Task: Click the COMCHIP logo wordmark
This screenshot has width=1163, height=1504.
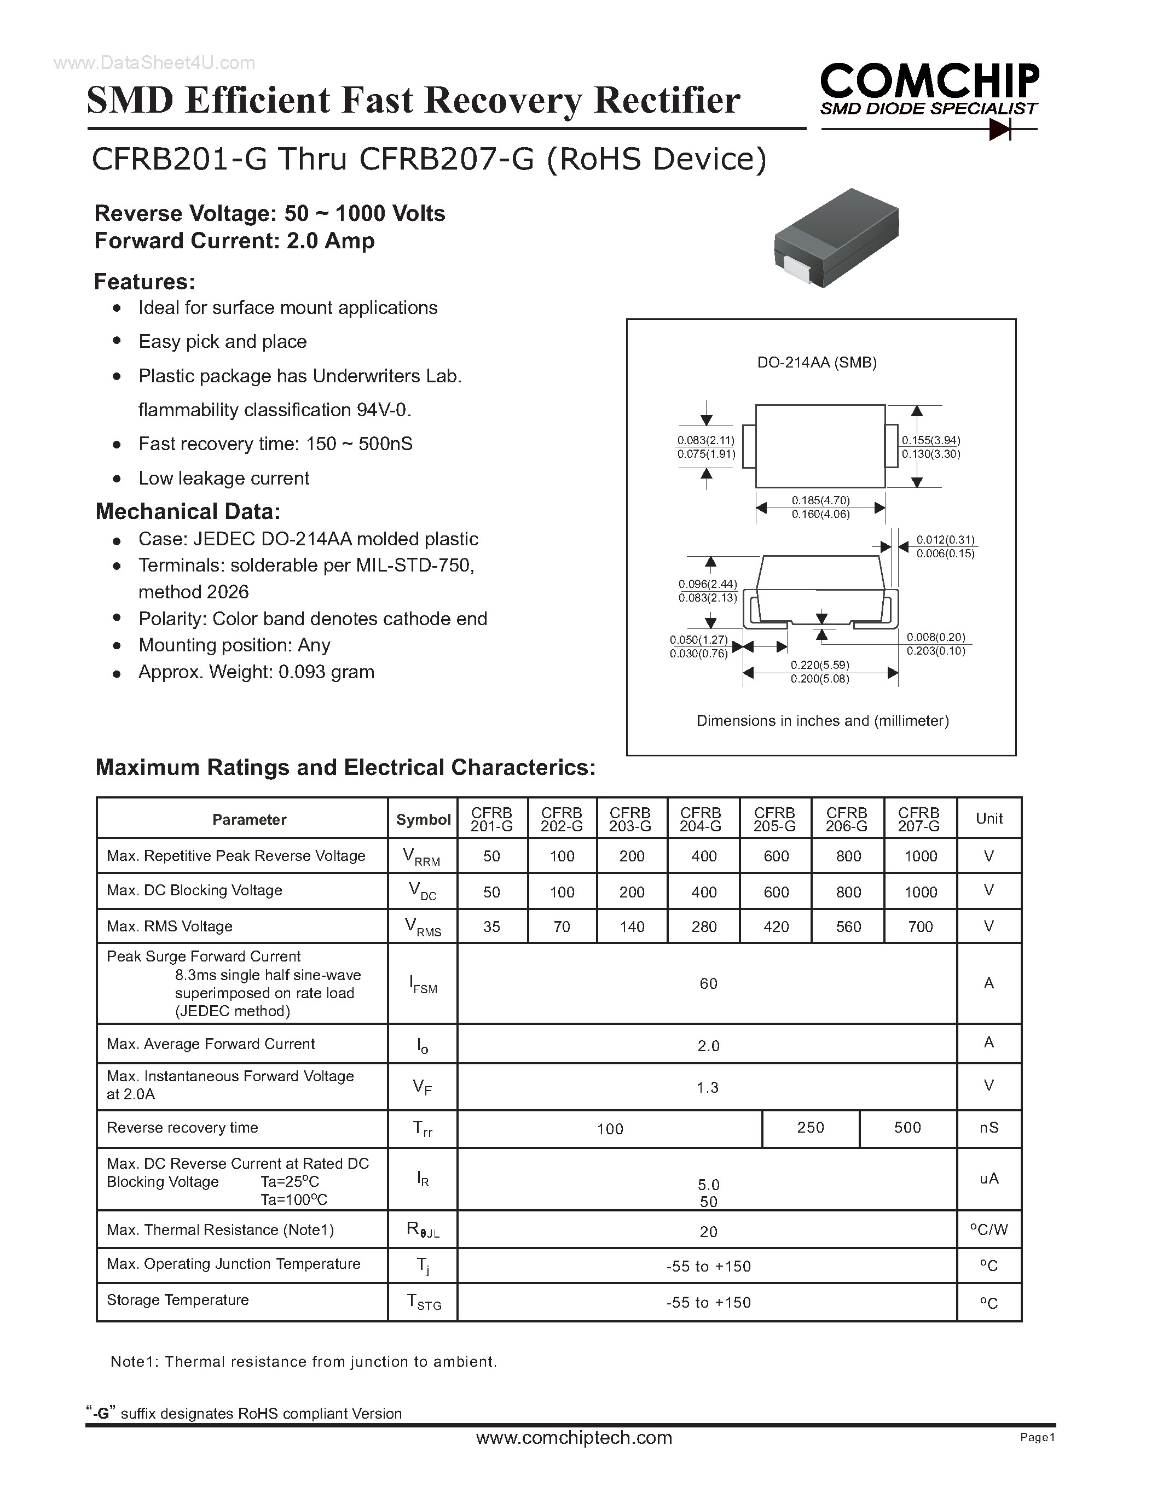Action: [x=929, y=82]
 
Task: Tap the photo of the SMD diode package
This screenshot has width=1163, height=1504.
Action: [x=836, y=237]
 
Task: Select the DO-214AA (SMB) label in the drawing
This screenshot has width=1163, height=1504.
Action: [x=817, y=362]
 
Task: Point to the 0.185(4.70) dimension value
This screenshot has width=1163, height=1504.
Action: [x=820, y=500]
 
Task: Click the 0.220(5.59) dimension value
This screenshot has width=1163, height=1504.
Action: [x=820, y=664]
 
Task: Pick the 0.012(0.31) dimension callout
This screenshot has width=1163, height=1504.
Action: [x=945, y=540]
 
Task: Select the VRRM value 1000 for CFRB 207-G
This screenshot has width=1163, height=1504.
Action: [x=921, y=856]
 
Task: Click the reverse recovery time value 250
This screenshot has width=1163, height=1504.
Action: [x=810, y=1127]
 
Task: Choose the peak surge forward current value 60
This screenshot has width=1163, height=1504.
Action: [x=708, y=983]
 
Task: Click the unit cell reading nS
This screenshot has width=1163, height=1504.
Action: [x=989, y=1127]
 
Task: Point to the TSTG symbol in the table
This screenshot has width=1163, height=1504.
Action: [x=423, y=1302]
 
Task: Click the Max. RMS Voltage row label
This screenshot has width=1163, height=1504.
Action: [x=170, y=927]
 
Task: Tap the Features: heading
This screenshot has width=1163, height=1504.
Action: [x=144, y=282]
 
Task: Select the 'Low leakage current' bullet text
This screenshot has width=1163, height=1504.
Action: [x=224, y=478]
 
